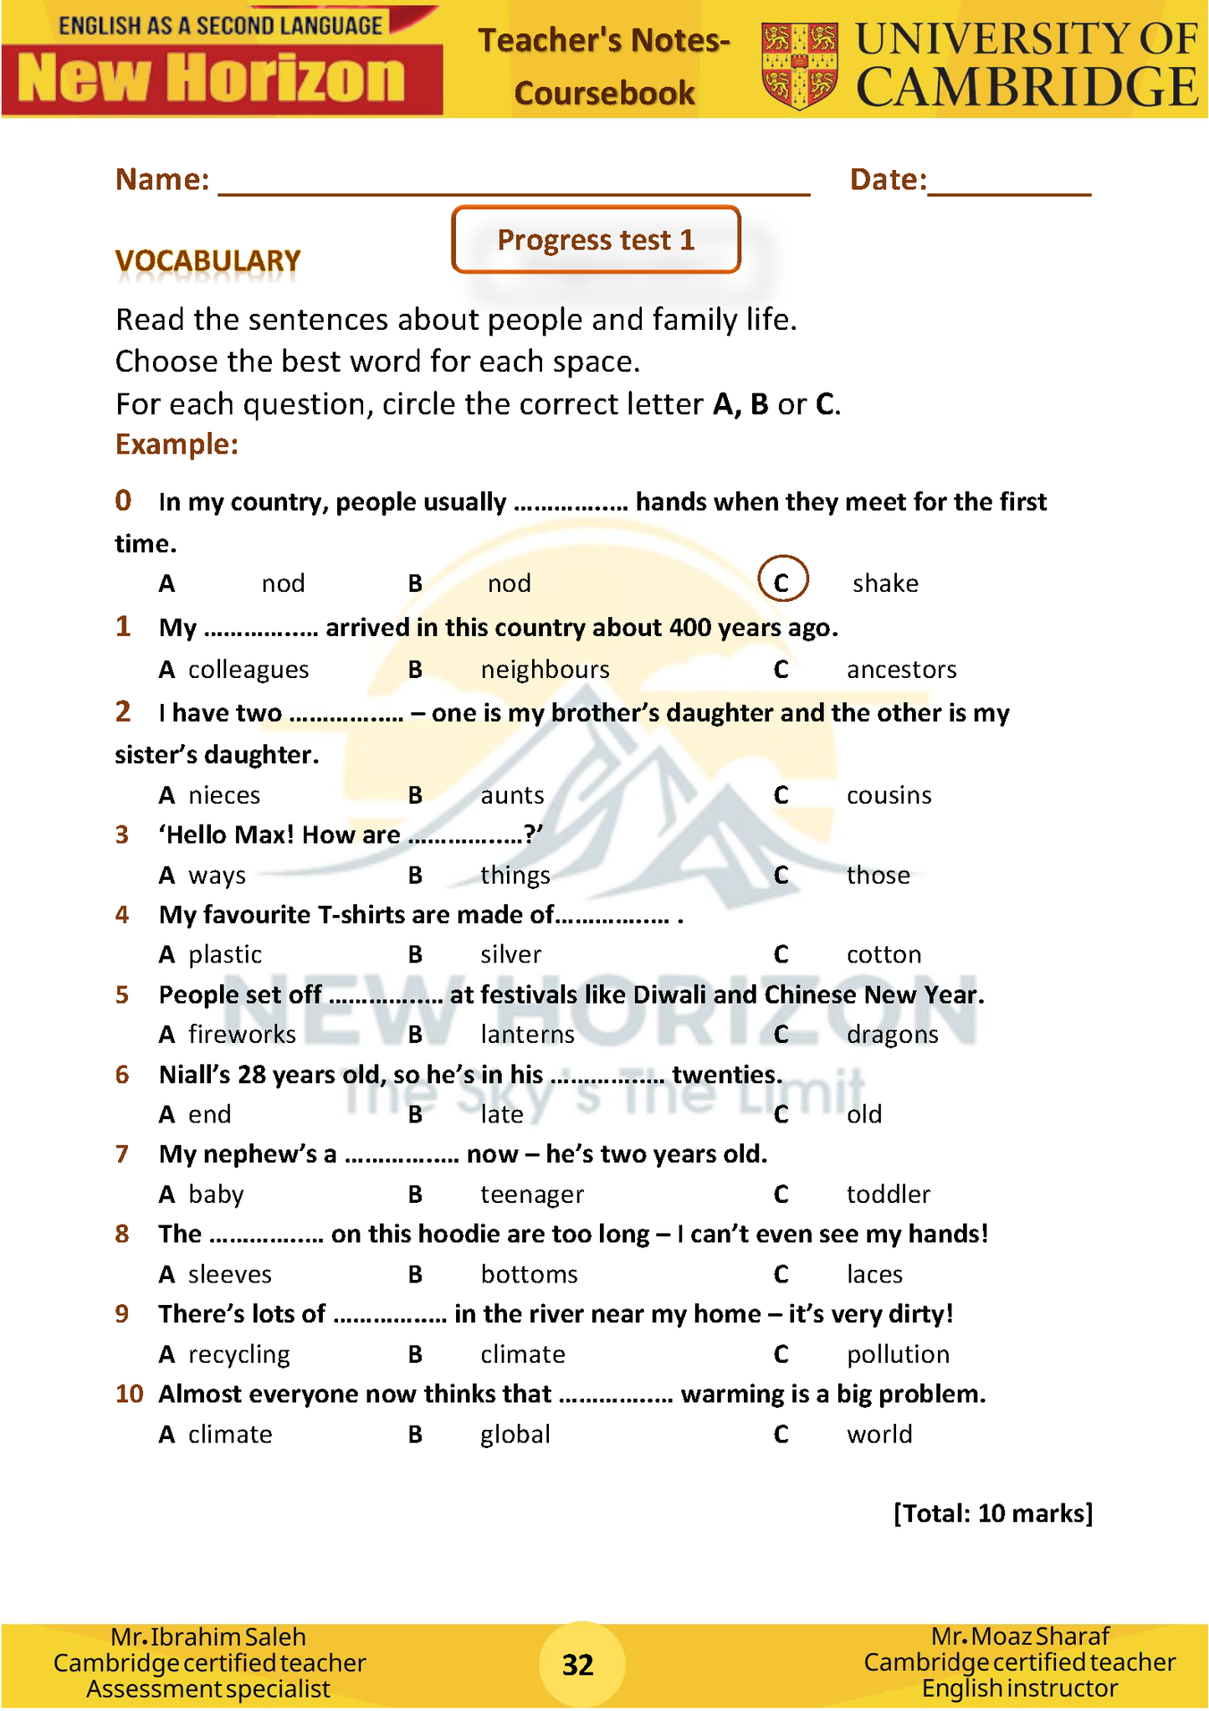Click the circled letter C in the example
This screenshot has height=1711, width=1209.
tap(782, 580)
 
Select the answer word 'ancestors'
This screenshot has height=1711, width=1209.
tap(901, 670)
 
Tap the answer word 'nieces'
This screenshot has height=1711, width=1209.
tap(224, 795)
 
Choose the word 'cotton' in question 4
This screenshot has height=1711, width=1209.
tap(884, 955)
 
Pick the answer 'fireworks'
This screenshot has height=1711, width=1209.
tap(242, 1035)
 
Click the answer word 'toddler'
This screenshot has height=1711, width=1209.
tap(888, 1195)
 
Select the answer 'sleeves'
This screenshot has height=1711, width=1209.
tap(230, 1275)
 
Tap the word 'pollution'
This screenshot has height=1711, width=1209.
tap(898, 1354)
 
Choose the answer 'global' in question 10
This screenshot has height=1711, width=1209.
tap(515, 1435)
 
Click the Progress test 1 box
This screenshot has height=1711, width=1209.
tap(596, 240)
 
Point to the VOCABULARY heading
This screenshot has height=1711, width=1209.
tap(207, 261)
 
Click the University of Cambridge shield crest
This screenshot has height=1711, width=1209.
tap(799, 65)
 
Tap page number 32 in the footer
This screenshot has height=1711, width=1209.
tap(578, 1665)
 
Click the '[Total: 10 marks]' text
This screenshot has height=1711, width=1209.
tap(993, 1513)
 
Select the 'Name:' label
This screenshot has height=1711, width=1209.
tap(162, 180)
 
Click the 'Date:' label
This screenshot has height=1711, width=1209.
tap(888, 180)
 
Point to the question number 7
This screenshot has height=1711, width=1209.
tap(122, 1154)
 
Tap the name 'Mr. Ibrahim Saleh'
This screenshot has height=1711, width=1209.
tap(208, 1636)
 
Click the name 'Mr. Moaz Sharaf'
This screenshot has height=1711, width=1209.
tap(1020, 1636)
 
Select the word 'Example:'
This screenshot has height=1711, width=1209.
tap(177, 444)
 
